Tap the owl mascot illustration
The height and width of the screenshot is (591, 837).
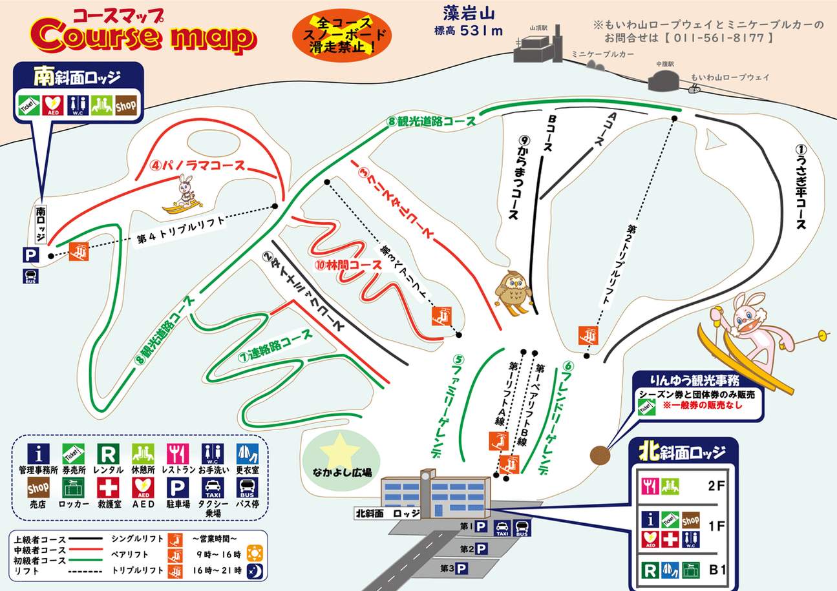coord(514,291)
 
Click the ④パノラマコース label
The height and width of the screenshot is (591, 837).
coord(198,165)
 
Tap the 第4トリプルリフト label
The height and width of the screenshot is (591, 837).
coord(181,230)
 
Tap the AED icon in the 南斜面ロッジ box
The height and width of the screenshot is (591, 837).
coord(51,105)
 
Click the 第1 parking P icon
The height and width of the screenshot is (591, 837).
coord(482,526)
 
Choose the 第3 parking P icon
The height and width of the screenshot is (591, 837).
coord(461,569)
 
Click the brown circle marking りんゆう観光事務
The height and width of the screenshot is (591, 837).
coord(600,455)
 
